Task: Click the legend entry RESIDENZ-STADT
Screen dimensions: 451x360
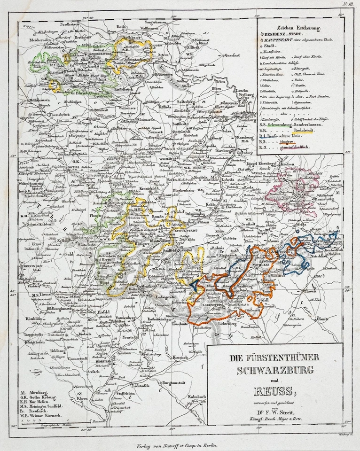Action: [x=282, y=34]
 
